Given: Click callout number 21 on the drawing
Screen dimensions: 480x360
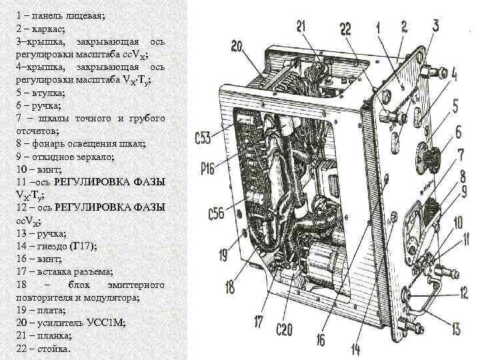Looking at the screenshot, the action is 301,26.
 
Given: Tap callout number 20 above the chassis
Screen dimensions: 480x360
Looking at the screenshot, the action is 239,46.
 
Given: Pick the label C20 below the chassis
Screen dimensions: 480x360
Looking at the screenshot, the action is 287,327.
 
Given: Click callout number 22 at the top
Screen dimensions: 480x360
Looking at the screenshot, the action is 345,28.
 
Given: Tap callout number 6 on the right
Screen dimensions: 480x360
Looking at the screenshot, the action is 458,132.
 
